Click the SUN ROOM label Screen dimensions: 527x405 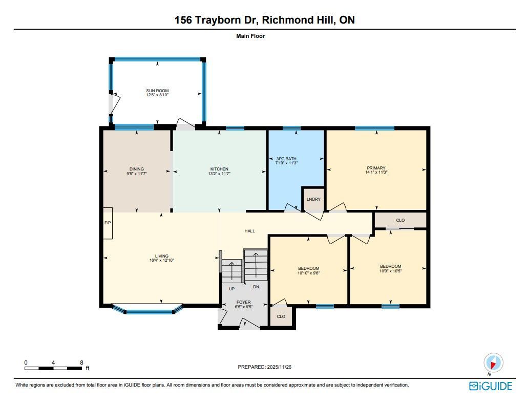click(x=157, y=91)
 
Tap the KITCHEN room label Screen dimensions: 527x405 click(x=219, y=169)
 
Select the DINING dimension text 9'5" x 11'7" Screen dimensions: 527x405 click(x=136, y=174)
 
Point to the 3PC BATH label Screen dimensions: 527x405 click(x=286, y=159)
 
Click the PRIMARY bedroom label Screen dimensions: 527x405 click(x=376, y=168)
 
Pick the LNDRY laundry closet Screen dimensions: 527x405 click(x=313, y=199)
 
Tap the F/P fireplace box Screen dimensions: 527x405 click(x=108, y=223)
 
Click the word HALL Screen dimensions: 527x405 click(x=250, y=231)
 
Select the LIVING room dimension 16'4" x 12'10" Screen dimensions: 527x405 click(x=162, y=260)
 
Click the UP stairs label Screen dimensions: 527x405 click(x=231, y=289)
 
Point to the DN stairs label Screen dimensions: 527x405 click(x=256, y=287)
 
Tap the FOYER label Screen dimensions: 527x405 click(x=244, y=302)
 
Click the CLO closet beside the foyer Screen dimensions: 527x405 click(x=281, y=316)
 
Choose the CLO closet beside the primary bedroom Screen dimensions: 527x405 click(x=400, y=220)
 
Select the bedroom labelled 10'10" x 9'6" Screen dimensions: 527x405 click(x=308, y=270)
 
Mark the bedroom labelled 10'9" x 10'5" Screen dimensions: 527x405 click(x=390, y=268)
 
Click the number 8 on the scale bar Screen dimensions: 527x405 click(x=81, y=363)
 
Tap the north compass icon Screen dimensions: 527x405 click(x=493, y=363)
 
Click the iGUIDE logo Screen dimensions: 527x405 click(x=491, y=386)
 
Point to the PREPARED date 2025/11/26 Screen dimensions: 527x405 click(x=279, y=367)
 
